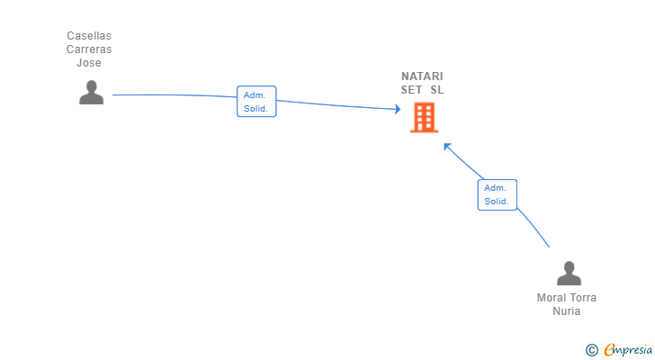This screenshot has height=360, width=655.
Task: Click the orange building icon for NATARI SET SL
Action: pyautogui.click(x=423, y=117)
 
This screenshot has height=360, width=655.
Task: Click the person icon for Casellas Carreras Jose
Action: pyautogui.click(x=91, y=93)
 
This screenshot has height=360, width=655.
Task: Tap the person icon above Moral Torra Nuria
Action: pyautogui.click(x=568, y=274)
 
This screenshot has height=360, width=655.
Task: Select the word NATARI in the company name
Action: pyautogui.click(x=422, y=76)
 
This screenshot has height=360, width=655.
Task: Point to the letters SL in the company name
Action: pyautogui.click(x=437, y=90)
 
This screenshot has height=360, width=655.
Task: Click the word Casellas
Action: pyautogui.click(x=89, y=36)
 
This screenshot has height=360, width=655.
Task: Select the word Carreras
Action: pyautogui.click(x=89, y=49)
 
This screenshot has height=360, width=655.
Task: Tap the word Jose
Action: pyautogui.click(x=89, y=63)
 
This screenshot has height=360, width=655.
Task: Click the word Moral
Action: pyautogui.click(x=552, y=298)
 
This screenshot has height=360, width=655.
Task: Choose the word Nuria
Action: pyautogui.click(x=567, y=311)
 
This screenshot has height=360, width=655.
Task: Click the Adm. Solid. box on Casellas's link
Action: pyautogui.click(x=256, y=102)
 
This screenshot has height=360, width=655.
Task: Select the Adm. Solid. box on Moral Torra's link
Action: pyautogui.click(x=497, y=194)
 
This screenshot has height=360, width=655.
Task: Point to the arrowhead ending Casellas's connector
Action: pyautogui.click(x=397, y=109)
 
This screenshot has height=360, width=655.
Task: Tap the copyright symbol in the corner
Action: pyautogui.click(x=591, y=349)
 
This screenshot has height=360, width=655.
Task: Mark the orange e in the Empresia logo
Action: pyautogui.click(x=609, y=349)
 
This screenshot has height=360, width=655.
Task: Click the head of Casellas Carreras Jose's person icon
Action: pyautogui.click(x=91, y=85)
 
